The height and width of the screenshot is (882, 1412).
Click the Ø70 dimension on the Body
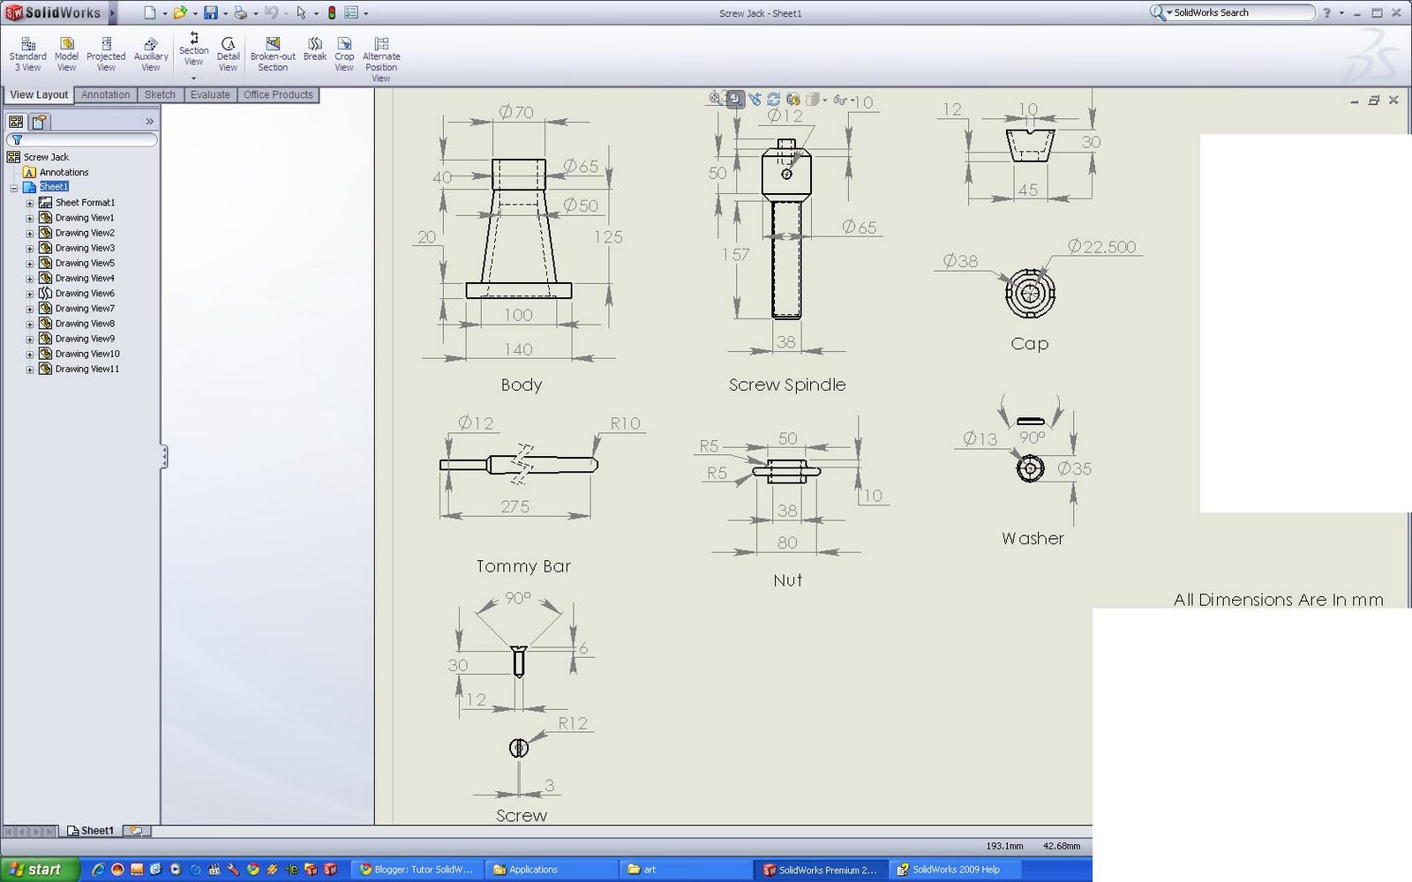click(x=516, y=112)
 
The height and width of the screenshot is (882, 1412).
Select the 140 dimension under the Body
click(x=518, y=349)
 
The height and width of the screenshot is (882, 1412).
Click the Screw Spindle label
click(x=787, y=385)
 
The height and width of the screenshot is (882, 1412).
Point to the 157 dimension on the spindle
click(x=735, y=255)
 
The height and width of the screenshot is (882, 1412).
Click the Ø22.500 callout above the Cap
click(x=1101, y=247)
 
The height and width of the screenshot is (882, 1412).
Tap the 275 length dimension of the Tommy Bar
click(x=514, y=506)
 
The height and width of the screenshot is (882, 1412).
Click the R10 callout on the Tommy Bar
click(x=625, y=423)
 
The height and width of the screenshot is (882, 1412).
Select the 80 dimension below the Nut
click(x=787, y=542)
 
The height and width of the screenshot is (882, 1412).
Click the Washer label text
click(x=1033, y=538)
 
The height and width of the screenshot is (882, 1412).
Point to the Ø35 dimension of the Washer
click(x=1075, y=468)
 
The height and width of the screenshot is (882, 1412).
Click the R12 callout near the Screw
click(x=573, y=723)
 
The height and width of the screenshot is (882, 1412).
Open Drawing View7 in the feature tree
click(x=85, y=309)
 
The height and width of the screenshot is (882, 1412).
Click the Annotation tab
click(x=106, y=94)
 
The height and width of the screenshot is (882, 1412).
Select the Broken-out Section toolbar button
click(x=273, y=55)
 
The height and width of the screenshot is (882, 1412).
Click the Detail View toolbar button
click(x=228, y=55)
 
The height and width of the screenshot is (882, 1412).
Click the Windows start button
click(x=35, y=870)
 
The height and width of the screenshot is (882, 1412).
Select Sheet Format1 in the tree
click(x=85, y=203)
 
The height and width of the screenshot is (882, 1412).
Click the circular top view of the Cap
click(x=1030, y=292)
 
